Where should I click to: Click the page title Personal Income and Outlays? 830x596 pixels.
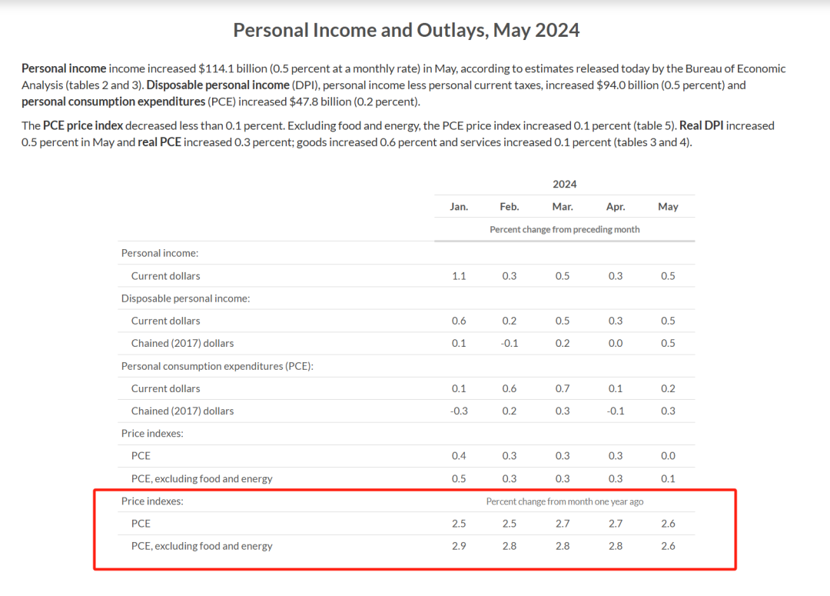pyautogui.click(x=406, y=30)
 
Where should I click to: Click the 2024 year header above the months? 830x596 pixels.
pyautogui.click(x=564, y=184)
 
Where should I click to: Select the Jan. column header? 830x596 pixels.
pyautogui.click(x=459, y=207)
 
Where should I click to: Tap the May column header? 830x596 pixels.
pyautogui.click(x=668, y=207)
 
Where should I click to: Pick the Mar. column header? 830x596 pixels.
pyautogui.click(x=562, y=207)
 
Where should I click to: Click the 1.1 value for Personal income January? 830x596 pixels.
pyautogui.click(x=459, y=276)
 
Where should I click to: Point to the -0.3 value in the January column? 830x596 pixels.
pyautogui.click(x=459, y=411)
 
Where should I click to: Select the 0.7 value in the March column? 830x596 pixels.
pyautogui.click(x=563, y=388)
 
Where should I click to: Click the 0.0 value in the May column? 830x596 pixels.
pyautogui.click(x=668, y=456)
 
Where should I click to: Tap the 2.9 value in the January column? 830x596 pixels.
pyautogui.click(x=459, y=546)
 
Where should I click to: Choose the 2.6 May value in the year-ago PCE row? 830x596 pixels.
pyautogui.click(x=668, y=524)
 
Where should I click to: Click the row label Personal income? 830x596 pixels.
pyautogui.click(x=160, y=253)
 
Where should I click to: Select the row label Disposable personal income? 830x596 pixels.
pyautogui.click(x=185, y=298)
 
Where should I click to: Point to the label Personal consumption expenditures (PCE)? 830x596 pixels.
pyautogui.click(x=217, y=366)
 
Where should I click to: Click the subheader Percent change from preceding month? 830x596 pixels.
pyautogui.click(x=564, y=229)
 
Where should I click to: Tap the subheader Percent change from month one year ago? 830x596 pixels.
pyautogui.click(x=564, y=501)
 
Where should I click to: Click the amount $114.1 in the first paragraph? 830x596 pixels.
pyautogui.click(x=217, y=68)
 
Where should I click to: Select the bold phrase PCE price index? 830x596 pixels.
pyautogui.click(x=83, y=125)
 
